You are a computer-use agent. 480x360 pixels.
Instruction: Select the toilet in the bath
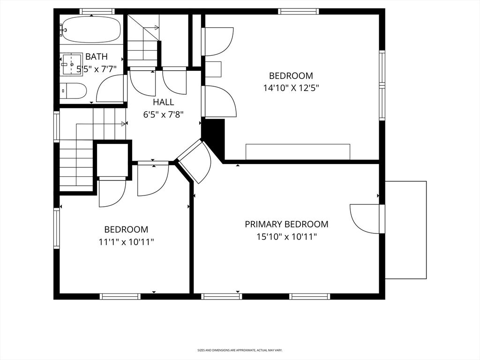pos(73,90)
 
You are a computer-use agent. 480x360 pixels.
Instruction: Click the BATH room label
pos(97,57)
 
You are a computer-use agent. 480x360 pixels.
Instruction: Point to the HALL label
pos(164,102)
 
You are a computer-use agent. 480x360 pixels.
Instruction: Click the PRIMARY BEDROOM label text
pos(286,224)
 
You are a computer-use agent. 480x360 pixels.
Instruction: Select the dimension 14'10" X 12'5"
pos(291,88)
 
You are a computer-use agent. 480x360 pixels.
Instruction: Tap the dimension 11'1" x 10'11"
pos(126,242)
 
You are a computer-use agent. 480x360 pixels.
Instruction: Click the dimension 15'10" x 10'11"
pos(286,237)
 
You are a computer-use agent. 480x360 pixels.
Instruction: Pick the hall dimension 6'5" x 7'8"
pos(164,115)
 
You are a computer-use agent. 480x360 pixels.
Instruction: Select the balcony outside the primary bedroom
pos(405,230)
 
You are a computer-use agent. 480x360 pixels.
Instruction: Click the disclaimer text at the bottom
pos(240,350)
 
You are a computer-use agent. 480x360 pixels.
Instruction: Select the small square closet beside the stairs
pos(112,160)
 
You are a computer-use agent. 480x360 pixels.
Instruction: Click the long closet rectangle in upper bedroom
pos(298,152)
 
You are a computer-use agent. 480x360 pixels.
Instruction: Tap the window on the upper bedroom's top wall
pos(299,11)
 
